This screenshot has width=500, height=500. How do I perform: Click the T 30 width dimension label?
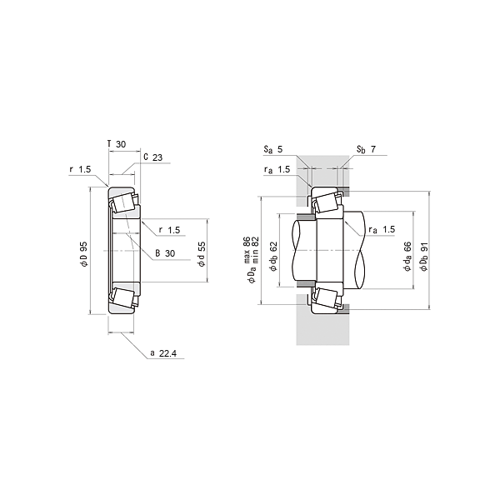point(117,144)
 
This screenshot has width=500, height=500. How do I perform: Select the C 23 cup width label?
point(153,157)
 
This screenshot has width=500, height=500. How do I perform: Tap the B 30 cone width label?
point(165,253)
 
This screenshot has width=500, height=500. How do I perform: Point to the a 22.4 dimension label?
point(163,353)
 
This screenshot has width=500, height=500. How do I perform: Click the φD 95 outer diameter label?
point(83,254)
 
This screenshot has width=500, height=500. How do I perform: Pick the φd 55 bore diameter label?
point(202,254)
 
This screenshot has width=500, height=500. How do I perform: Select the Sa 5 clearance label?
point(273,149)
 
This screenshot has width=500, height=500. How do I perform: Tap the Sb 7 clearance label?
point(366,149)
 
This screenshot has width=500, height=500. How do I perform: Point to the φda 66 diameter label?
point(407,257)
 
